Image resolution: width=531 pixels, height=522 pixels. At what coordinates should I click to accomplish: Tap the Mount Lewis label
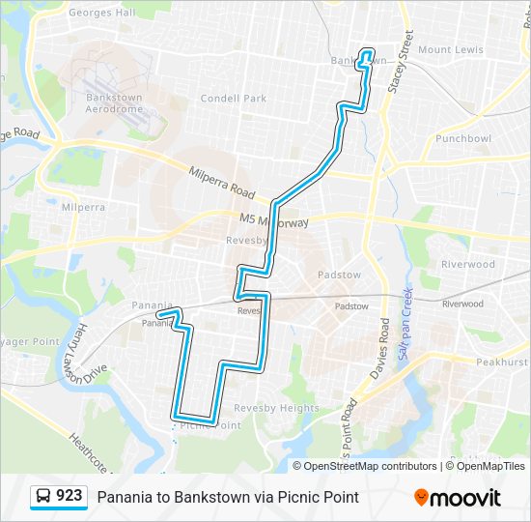click(451, 49)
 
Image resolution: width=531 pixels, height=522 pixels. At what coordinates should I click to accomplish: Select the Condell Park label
click(233, 98)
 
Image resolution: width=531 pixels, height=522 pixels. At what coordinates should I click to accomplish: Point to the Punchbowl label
click(463, 138)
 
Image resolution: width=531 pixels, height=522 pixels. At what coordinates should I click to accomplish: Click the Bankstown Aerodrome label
click(114, 103)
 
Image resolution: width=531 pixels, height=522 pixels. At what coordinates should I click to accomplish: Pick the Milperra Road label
click(221, 178)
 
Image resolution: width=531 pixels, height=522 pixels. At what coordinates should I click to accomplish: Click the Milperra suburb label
click(83, 207)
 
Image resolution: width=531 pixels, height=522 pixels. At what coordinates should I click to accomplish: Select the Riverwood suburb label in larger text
click(467, 264)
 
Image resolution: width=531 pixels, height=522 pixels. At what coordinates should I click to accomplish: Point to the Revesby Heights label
click(276, 408)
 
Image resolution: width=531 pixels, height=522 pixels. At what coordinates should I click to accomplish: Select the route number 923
click(69, 496)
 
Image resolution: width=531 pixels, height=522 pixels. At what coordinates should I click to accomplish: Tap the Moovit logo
click(458, 497)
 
